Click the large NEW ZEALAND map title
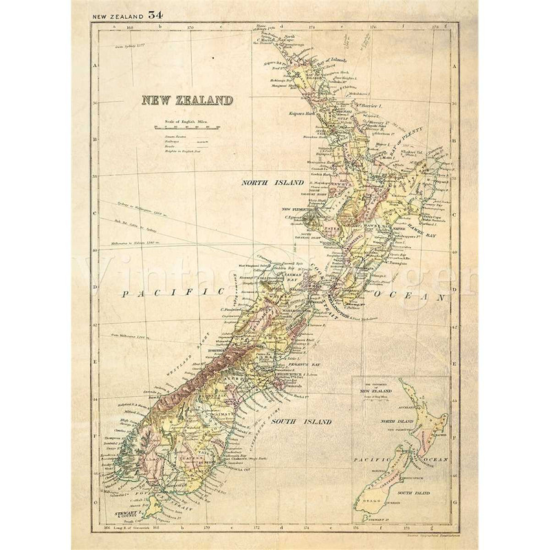186,100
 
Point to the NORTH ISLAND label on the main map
262,183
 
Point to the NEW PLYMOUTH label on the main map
295,208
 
